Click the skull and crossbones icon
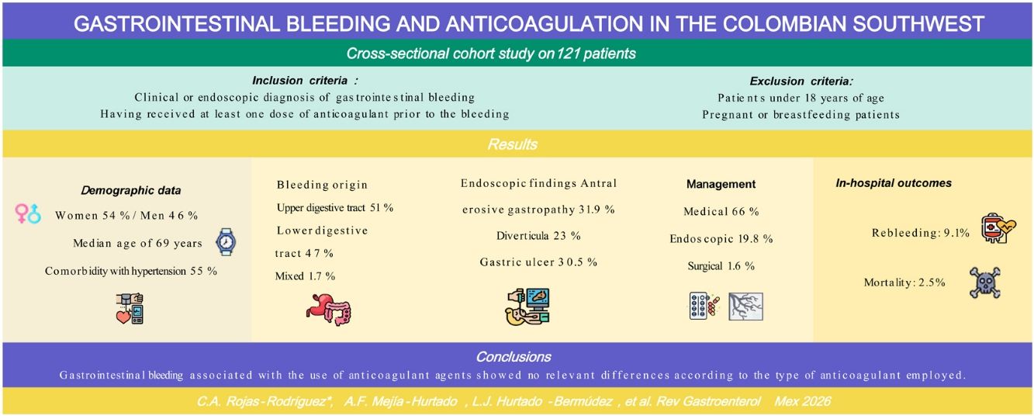(984, 283)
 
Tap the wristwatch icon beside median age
(227, 242)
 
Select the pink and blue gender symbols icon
(28, 213)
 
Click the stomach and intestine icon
(329, 310)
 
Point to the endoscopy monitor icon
(527, 306)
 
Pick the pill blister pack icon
(704, 306)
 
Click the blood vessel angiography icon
(745, 307)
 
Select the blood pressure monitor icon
(130, 308)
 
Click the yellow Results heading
(513, 144)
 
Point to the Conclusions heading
(514, 357)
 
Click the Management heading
(721, 184)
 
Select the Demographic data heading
(131, 190)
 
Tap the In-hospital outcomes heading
(894, 183)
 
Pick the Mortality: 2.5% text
(904, 283)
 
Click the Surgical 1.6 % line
(721, 266)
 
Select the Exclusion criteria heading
(801, 81)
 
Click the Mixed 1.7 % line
(305, 276)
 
